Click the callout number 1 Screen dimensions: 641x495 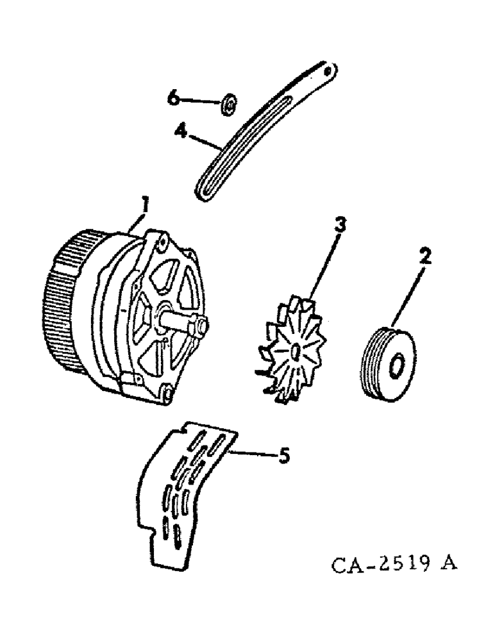tap(146, 207)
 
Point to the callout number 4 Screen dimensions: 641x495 tap(182, 133)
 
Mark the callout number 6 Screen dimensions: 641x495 tap(171, 98)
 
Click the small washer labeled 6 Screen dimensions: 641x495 tap(229, 103)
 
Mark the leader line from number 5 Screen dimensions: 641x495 tap(253, 454)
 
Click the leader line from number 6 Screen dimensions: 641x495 tap(199, 101)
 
